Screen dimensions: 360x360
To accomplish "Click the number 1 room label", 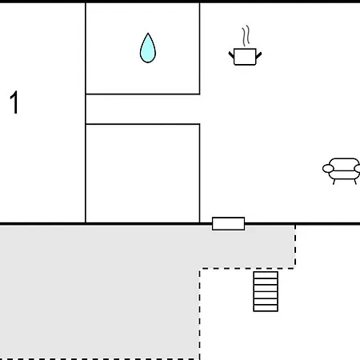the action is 14,102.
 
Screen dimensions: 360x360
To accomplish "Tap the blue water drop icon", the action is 148,48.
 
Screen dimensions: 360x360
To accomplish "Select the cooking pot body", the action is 245,57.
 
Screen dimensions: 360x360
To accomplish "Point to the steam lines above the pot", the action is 246,35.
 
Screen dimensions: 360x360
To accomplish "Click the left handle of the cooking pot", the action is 231,55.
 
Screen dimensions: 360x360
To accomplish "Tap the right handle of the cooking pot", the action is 258,55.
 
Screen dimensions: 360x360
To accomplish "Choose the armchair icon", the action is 342,171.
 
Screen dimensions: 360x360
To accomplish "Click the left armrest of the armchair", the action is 328,169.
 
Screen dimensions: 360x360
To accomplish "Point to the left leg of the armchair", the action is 334,182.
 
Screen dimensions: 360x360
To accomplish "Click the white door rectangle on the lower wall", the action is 229,223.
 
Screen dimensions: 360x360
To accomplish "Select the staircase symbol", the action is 266,291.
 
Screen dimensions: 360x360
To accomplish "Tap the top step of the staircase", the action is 266,275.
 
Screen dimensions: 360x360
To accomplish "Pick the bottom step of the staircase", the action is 266,308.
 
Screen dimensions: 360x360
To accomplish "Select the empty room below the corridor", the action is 142,174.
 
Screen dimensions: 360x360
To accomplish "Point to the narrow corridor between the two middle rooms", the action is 142,109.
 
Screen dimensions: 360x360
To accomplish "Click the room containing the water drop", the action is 142,49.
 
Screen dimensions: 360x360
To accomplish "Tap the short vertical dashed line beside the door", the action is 295,246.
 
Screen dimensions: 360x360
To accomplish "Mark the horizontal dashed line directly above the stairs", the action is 247,269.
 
